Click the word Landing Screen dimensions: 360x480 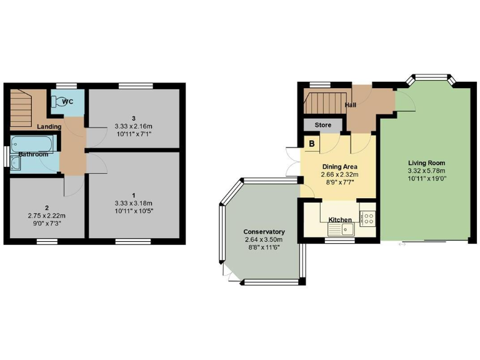[x=49, y=127]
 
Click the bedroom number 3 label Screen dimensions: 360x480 [x=133, y=118]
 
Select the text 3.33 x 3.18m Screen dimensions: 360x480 [x=133, y=203]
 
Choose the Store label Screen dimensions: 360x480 [x=322, y=125]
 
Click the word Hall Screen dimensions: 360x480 [x=351, y=104]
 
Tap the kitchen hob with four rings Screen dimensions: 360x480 [x=367, y=219]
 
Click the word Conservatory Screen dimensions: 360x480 [x=263, y=231]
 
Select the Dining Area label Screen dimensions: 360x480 [x=339, y=166]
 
